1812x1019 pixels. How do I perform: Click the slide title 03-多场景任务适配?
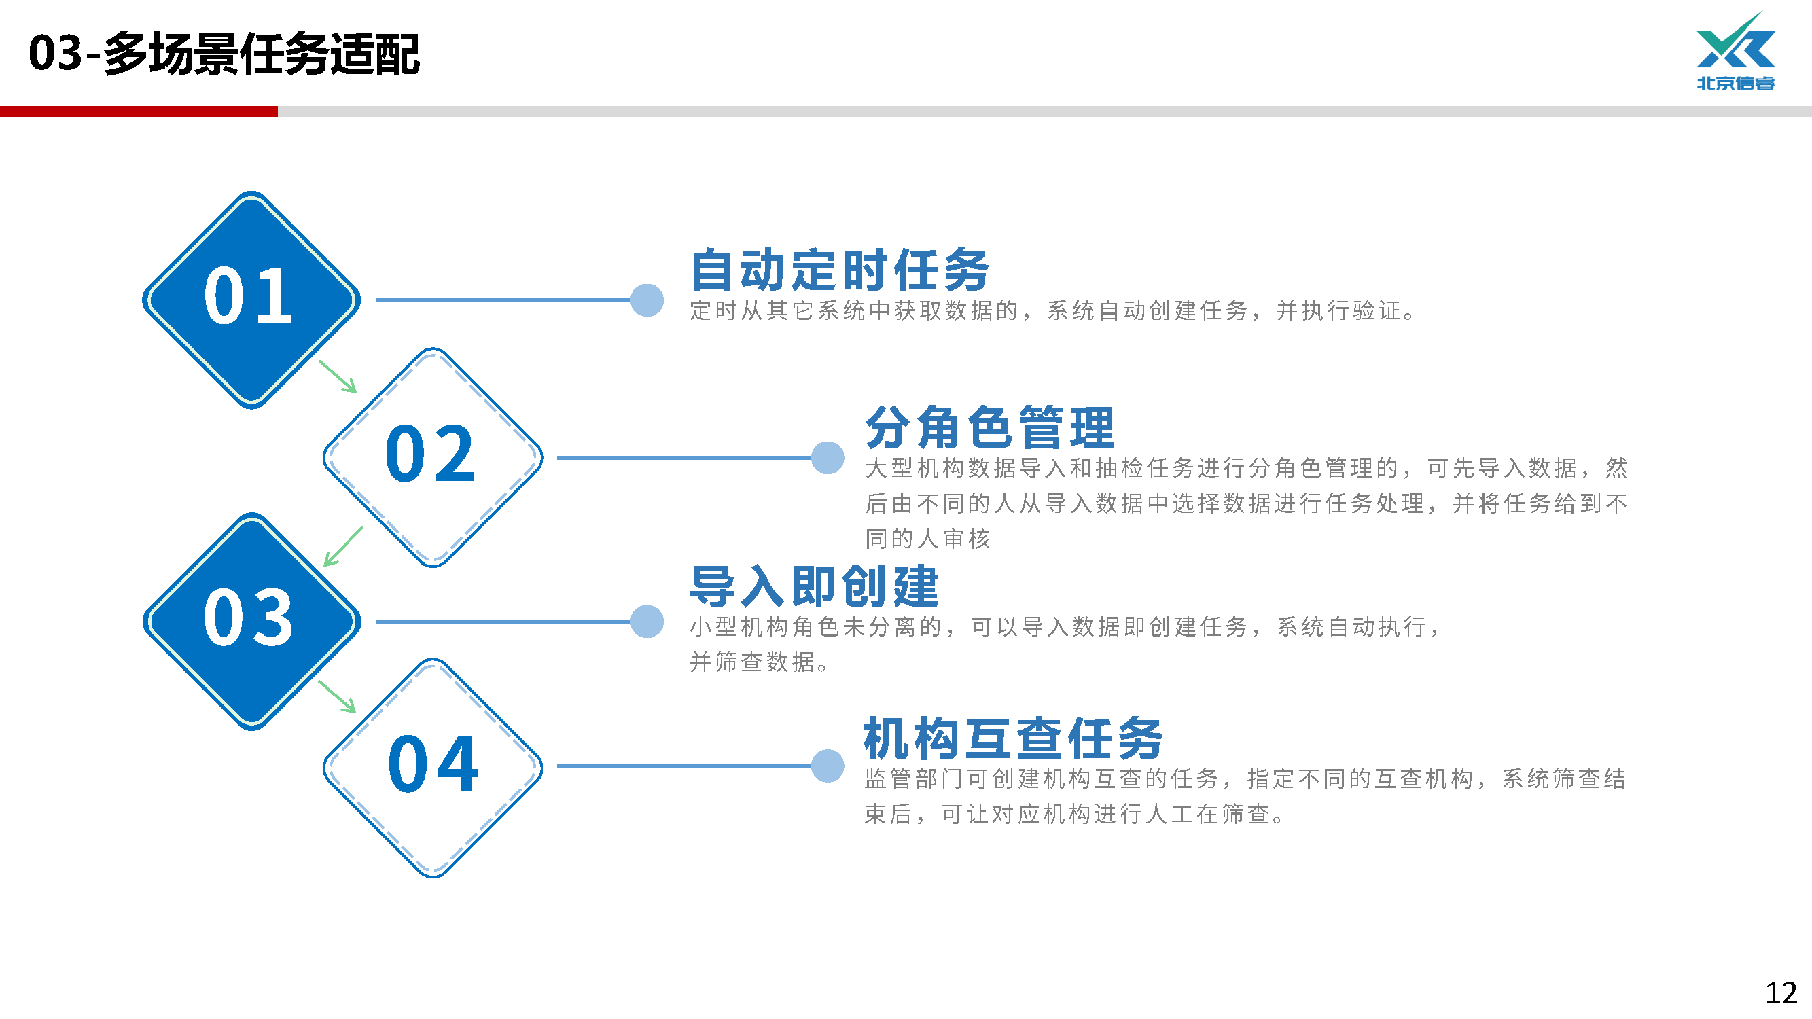224,54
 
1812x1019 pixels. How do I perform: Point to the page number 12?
1781,993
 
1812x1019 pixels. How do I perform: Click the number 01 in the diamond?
248,297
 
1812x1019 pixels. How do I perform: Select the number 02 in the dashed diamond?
431,454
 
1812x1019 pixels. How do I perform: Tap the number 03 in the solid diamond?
248,618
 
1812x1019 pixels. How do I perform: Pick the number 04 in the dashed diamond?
433,764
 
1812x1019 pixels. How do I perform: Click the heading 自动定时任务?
840,270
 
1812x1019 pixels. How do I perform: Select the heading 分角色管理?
990,427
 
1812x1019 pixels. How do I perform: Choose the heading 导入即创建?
814,586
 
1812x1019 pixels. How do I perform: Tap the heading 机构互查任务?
1014,738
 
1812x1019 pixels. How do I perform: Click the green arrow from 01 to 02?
338,377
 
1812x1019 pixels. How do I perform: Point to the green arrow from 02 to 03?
342,546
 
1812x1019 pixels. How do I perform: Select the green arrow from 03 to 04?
338,697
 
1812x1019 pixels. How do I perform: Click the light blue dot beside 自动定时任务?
647,300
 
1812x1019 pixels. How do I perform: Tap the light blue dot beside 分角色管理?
828,458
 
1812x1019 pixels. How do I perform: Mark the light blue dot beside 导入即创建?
647,622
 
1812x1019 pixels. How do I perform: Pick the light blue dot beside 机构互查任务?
828,766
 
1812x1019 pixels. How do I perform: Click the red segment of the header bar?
139,111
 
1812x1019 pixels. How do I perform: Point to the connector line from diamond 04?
682,766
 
